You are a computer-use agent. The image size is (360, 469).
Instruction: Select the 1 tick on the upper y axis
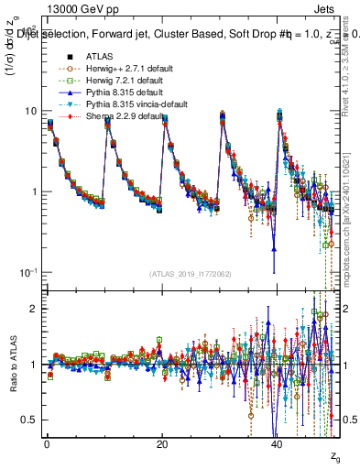tap(34, 191)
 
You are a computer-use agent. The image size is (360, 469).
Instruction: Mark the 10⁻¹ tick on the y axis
tap(28, 272)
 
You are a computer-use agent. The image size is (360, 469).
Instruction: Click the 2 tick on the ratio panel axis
tap(34, 309)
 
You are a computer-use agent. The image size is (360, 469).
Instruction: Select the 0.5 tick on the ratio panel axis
tap(29, 420)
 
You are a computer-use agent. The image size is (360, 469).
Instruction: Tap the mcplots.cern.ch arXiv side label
tap(351, 220)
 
